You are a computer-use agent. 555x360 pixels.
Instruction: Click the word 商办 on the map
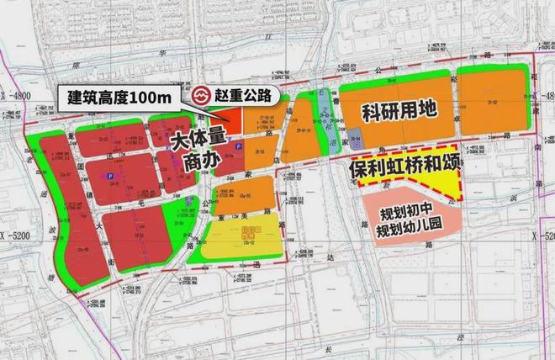[x=199, y=161]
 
